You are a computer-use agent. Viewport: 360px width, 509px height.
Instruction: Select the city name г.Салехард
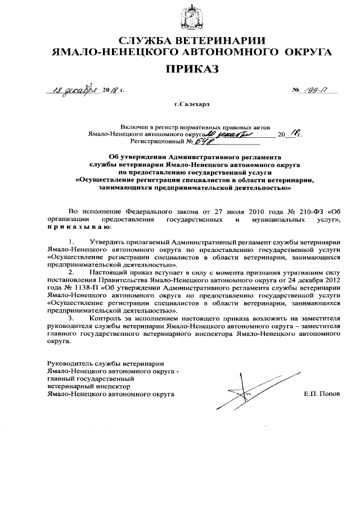pos(191,104)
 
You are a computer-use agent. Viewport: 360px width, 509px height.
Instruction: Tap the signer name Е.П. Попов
pos(321,394)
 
